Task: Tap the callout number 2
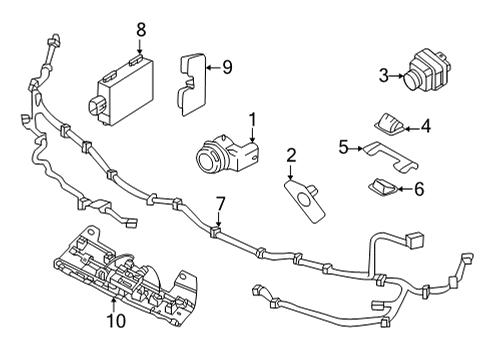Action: (291, 155)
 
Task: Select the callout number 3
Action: (383, 74)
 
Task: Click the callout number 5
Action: (343, 147)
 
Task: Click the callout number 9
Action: (226, 67)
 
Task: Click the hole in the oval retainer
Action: (302, 199)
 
